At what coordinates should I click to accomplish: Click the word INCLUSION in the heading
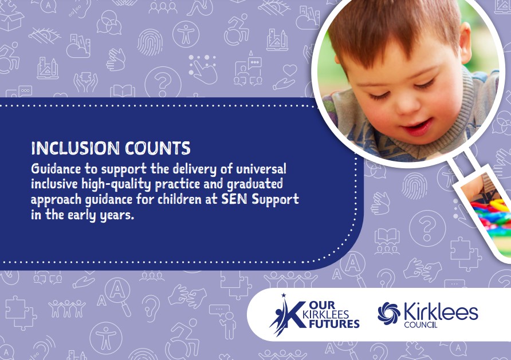click(x=75, y=148)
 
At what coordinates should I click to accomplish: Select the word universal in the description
click(x=261, y=169)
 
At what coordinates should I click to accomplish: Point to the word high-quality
click(x=116, y=184)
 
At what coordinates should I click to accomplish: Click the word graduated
click(x=255, y=184)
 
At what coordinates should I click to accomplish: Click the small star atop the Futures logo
click(x=284, y=295)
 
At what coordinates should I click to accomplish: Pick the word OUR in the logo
click(x=323, y=305)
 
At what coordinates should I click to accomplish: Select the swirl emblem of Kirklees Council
click(x=389, y=313)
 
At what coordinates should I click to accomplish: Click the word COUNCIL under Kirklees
click(x=420, y=325)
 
